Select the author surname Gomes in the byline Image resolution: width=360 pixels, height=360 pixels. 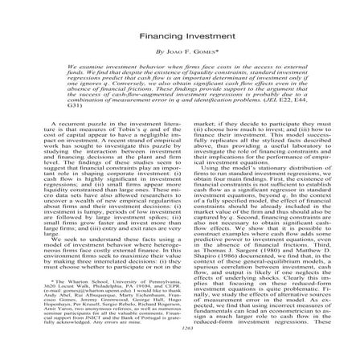point(194,50)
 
